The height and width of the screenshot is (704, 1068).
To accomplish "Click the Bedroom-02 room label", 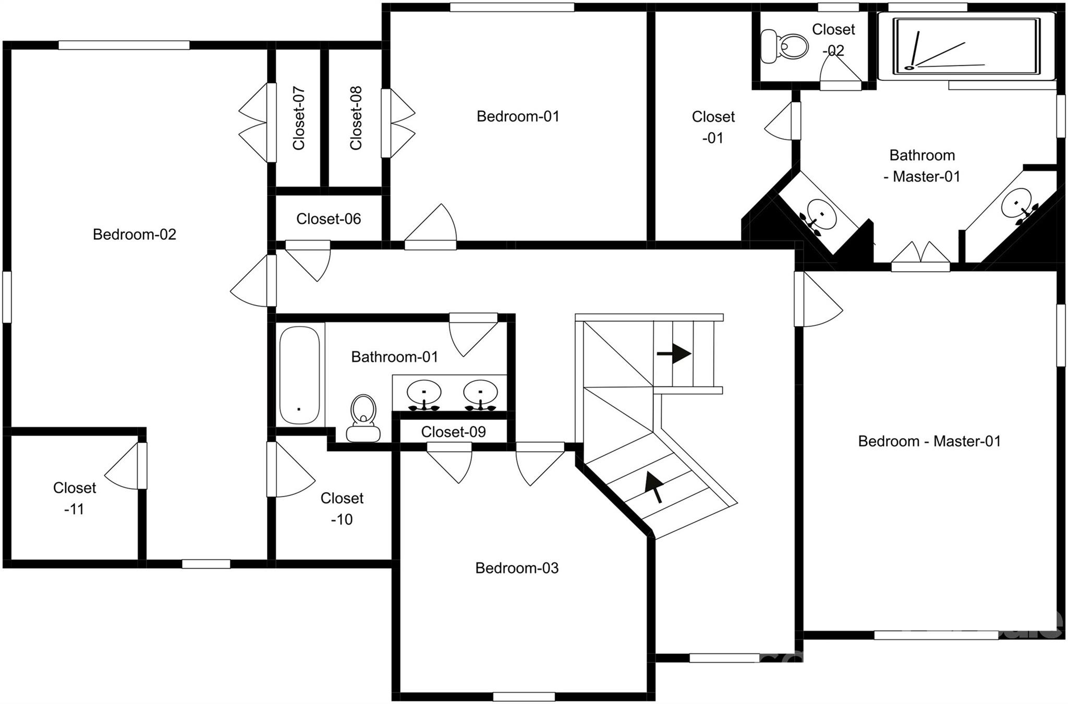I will (134, 234).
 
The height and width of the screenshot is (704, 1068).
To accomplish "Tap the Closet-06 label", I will (329, 219).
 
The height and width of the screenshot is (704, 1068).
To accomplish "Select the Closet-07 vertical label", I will (299, 118).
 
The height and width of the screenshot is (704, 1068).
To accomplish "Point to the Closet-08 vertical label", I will (356, 118).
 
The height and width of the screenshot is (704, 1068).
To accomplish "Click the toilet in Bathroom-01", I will (363, 417).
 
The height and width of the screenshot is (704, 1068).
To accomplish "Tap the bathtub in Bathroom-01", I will (299, 375).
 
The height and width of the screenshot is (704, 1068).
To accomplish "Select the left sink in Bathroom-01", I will (423, 393).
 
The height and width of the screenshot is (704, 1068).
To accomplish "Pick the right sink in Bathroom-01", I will (480, 393).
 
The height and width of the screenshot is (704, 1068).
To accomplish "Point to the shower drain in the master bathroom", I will (909, 67).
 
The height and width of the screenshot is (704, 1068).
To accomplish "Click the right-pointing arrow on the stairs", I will (674, 354).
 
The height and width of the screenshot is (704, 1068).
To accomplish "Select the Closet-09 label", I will (453, 432).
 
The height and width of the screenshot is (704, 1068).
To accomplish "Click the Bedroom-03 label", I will (516, 568).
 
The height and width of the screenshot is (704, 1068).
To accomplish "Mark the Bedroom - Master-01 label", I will (929, 441).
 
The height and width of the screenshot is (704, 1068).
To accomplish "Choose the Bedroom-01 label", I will (517, 116).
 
